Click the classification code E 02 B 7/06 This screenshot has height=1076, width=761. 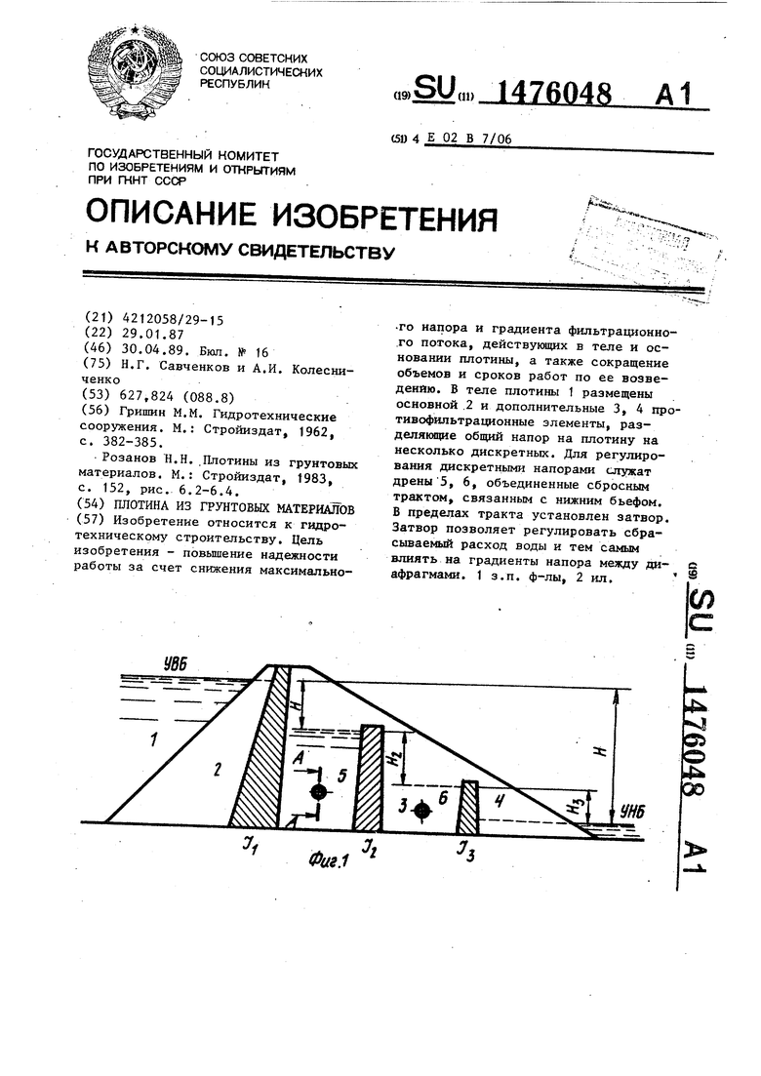pos(469,139)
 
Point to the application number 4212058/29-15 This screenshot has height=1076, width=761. pos(171,319)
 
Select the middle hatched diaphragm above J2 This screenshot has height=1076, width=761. pos(369,777)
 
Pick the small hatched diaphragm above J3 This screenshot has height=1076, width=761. pos(469,804)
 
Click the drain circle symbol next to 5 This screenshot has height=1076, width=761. pos(316,792)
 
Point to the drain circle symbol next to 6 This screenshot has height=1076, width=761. pos(421,809)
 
